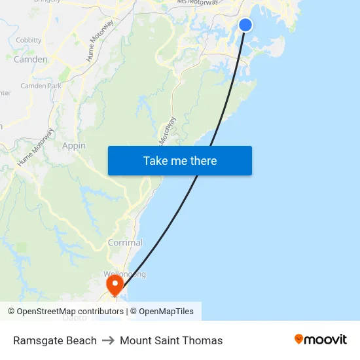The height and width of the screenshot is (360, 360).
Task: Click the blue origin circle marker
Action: coord(245,25)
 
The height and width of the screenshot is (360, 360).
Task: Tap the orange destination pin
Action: coord(115,284)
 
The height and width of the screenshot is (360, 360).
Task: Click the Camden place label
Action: coord(31,60)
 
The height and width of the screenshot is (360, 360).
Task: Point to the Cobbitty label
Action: coord(29,40)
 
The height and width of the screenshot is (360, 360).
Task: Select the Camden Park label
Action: coord(41,86)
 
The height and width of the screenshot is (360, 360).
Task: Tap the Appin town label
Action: coord(74,146)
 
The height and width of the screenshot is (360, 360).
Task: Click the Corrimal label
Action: coord(125,243)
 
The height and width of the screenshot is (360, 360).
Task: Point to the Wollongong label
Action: coord(124,274)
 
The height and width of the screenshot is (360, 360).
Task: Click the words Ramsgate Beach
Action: coord(55,340)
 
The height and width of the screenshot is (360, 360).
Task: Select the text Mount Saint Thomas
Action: coord(171,340)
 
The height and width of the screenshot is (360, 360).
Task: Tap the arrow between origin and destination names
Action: coord(108,340)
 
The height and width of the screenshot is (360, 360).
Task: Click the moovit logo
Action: coord(321,339)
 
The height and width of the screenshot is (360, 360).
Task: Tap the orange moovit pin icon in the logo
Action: coord(299,339)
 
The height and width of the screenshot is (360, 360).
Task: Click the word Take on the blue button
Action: coord(156,161)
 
